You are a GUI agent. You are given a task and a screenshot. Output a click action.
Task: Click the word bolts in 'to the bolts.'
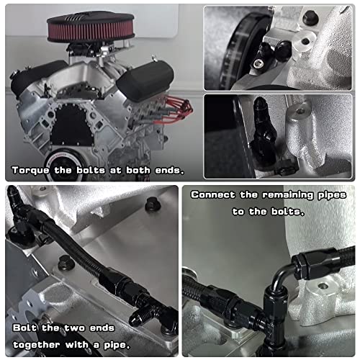pos(289,211)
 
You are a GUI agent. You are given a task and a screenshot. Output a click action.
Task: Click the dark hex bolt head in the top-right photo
pos(310,17)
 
